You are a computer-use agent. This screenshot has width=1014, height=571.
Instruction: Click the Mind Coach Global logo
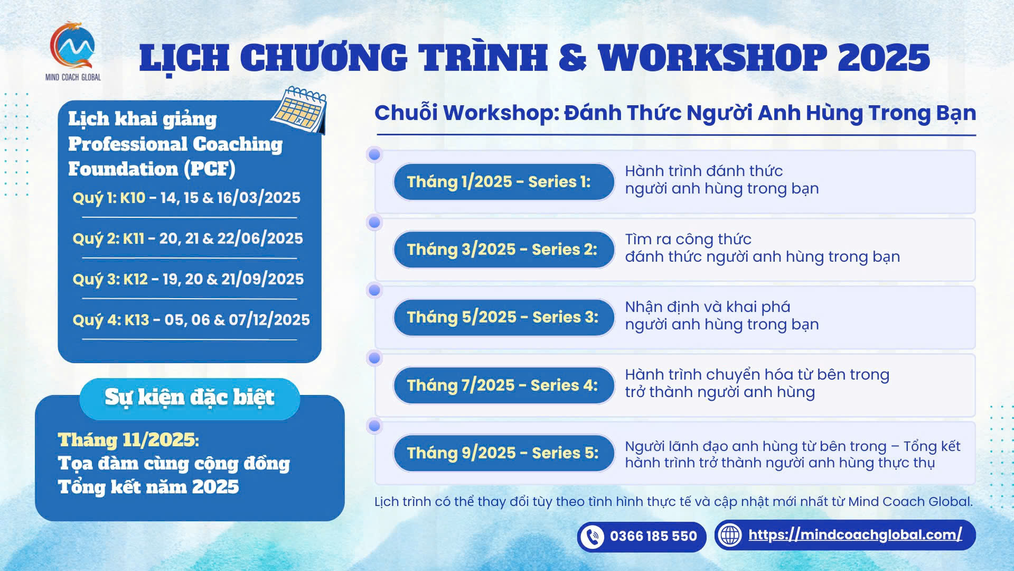pyautogui.click(x=73, y=51)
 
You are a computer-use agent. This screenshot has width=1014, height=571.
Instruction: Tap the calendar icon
pyautogui.click(x=299, y=109)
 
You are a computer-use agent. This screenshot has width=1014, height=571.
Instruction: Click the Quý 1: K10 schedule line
pyautogui.click(x=186, y=198)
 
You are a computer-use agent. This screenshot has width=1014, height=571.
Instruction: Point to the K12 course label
pyautogui.click(x=136, y=279)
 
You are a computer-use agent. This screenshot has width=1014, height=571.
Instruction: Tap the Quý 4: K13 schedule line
pyautogui.click(x=191, y=320)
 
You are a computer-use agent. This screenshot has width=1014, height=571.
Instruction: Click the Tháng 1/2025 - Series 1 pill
pyautogui.click(x=504, y=182)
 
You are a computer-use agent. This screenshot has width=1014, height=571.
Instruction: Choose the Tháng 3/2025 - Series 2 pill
pyautogui.click(x=504, y=250)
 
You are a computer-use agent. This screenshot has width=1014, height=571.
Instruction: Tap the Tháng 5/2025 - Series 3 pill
pyautogui.click(x=504, y=317)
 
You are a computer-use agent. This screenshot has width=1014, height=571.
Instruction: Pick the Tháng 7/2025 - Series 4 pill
pyautogui.click(x=504, y=385)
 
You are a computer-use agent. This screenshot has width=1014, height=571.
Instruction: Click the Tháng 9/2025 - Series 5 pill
pyautogui.click(x=504, y=453)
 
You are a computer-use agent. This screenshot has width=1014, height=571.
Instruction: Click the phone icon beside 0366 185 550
pyautogui.click(x=592, y=537)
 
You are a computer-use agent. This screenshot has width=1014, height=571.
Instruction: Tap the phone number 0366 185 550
pyautogui.click(x=653, y=537)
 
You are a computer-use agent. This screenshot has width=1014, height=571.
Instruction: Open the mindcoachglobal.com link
pyautogui.click(x=855, y=535)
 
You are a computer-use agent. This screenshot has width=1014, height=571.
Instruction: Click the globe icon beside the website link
pyautogui.click(x=731, y=535)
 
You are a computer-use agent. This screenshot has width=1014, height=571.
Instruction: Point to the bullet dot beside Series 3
pyautogui.click(x=374, y=290)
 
